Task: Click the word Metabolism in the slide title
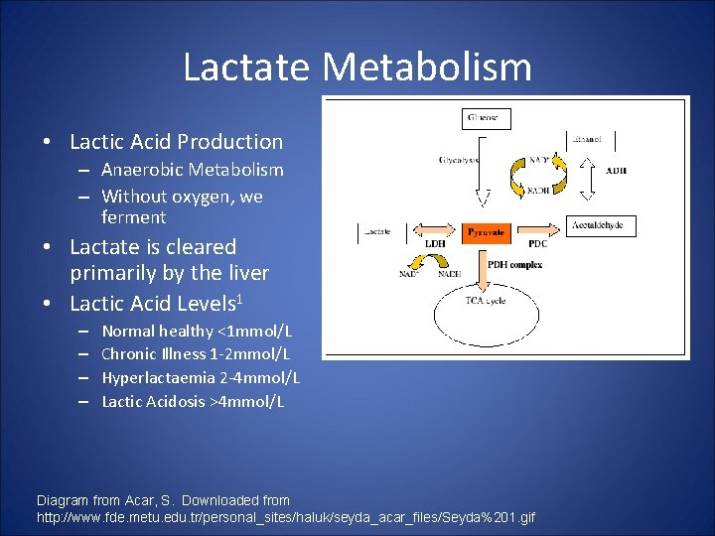click(427, 67)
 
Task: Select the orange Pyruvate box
click(487, 232)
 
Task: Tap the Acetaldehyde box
click(601, 226)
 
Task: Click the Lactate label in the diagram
click(378, 231)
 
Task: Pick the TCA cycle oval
click(487, 318)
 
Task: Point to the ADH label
click(616, 170)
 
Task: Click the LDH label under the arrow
click(435, 243)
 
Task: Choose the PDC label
click(537, 243)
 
